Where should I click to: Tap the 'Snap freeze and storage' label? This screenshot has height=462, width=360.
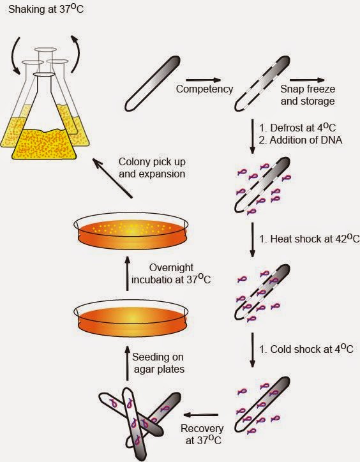pyautogui.click(x=308, y=95)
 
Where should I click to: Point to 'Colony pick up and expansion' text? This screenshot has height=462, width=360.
pyautogui.click(x=152, y=167)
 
